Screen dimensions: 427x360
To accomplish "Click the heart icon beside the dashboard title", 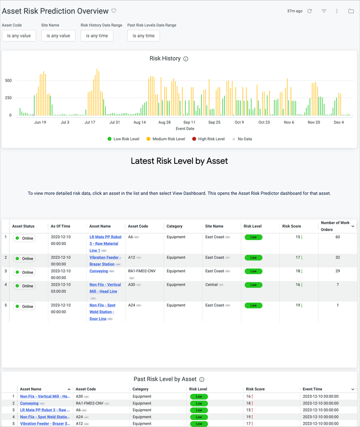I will tap(114, 11).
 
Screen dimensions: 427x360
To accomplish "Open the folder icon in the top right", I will tap(351, 11).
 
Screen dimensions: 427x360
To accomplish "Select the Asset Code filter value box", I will tap(19, 36).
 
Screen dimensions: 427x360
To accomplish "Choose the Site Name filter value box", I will tap(59, 36).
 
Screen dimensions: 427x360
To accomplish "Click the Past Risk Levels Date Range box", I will tap(144, 36).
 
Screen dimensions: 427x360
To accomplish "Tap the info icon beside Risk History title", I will tap(186, 59).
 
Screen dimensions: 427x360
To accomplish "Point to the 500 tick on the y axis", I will tap(8, 80).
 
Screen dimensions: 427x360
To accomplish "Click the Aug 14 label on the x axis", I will tap(140, 122).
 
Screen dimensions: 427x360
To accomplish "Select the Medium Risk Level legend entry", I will tap(165, 139).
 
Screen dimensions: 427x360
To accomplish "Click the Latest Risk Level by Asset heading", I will tap(179, 161).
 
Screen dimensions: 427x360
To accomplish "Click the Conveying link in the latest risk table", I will tap(98, 271).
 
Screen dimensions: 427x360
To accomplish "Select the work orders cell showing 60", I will tap(337, 237).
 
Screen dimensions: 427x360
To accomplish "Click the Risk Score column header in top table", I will tap(291, 226).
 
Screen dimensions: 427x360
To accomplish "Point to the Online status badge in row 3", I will tap(24, 272).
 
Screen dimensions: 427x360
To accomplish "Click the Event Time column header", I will tap(312, 389).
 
